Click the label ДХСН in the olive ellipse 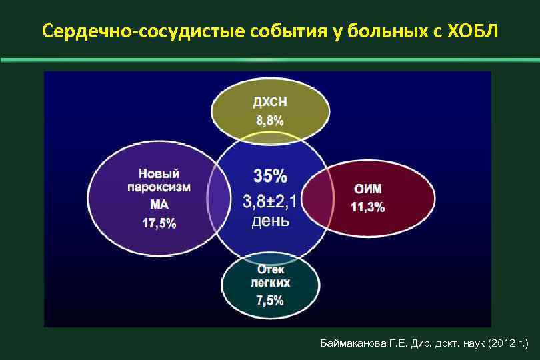point(270,102)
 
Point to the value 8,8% point(270,121)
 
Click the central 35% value point(270,176)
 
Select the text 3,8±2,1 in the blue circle point(270,199)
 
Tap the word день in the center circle point(270,221)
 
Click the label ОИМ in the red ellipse point(368,189)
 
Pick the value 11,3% point(368,207)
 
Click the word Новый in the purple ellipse point(159,173)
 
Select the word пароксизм point(159,188)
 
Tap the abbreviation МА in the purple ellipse point(159,205)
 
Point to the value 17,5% point(159,223)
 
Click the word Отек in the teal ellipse point(270,269)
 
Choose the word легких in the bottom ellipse point(270,283)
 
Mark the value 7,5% point(270,301)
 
